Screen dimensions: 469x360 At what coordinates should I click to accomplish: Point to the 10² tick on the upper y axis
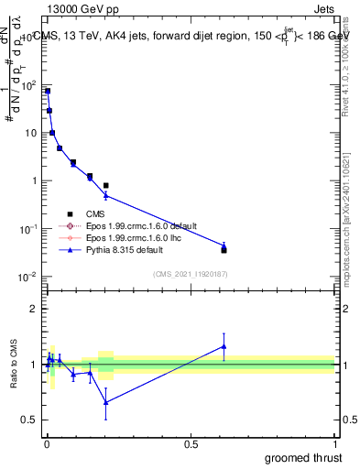pyautogui.click(x=28, y=85)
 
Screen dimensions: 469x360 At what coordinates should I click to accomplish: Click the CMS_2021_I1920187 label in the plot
pyautogui.click(x=190, y=274)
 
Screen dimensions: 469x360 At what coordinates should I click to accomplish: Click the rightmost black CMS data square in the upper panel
pyautogui.click(x=224, y=249)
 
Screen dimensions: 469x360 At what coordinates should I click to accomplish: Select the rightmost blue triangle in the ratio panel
pyautogui.click(x=224, y=346)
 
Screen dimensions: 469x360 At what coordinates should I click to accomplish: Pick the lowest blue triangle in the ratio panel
pyautogui.click(x=106, y=402)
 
